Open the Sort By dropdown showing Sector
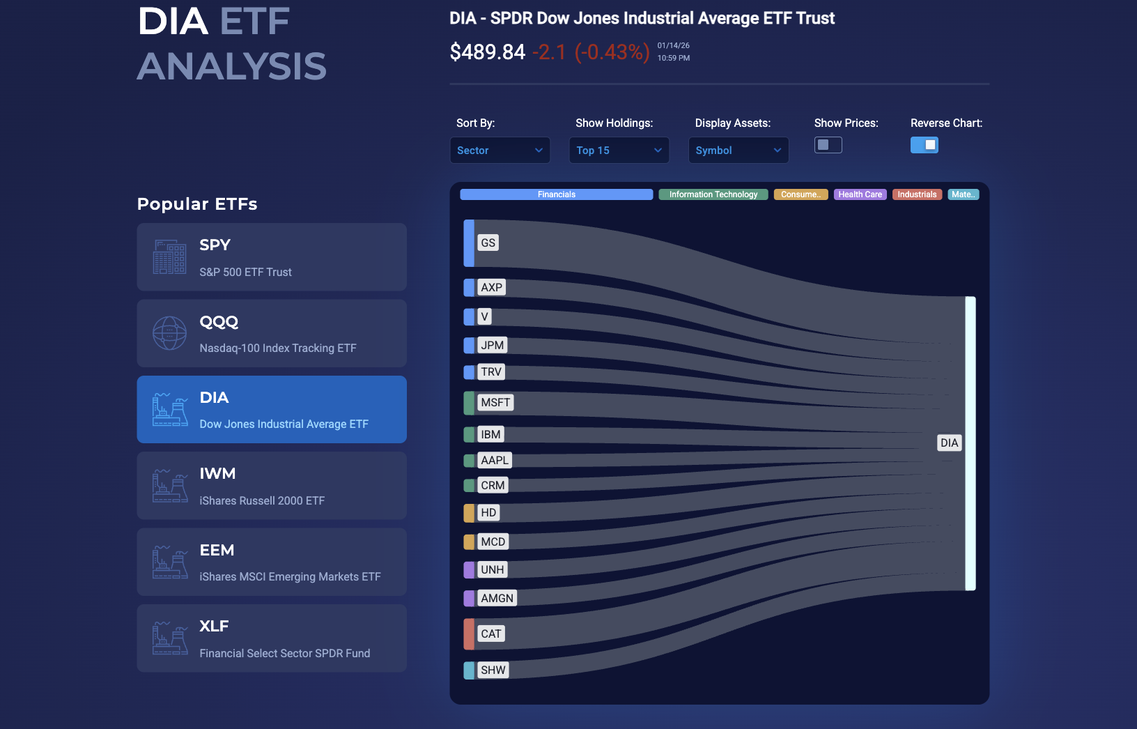click(500, 151)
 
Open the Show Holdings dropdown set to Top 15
click(619, 151)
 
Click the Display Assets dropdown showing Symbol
click(738, 151)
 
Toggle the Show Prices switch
click(828, 145)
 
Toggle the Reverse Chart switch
click(924, 145)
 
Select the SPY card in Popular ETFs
click(272, 257)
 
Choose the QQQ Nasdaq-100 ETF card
click(272, 333)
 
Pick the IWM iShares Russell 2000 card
click(272, 486)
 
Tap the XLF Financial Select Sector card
click(272, 638)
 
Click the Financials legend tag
click(556, 194)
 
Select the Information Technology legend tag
click(713, 194)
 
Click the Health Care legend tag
click(860, 194)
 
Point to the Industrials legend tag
click(917, 194)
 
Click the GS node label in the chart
click(488, 243)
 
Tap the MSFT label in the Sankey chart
click(495, 402)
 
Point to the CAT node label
click(490, 634)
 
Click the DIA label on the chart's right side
click(949, 443)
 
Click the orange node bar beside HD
click(469, 513)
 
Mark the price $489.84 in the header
click(487, 52)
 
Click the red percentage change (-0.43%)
click(612, 52)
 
